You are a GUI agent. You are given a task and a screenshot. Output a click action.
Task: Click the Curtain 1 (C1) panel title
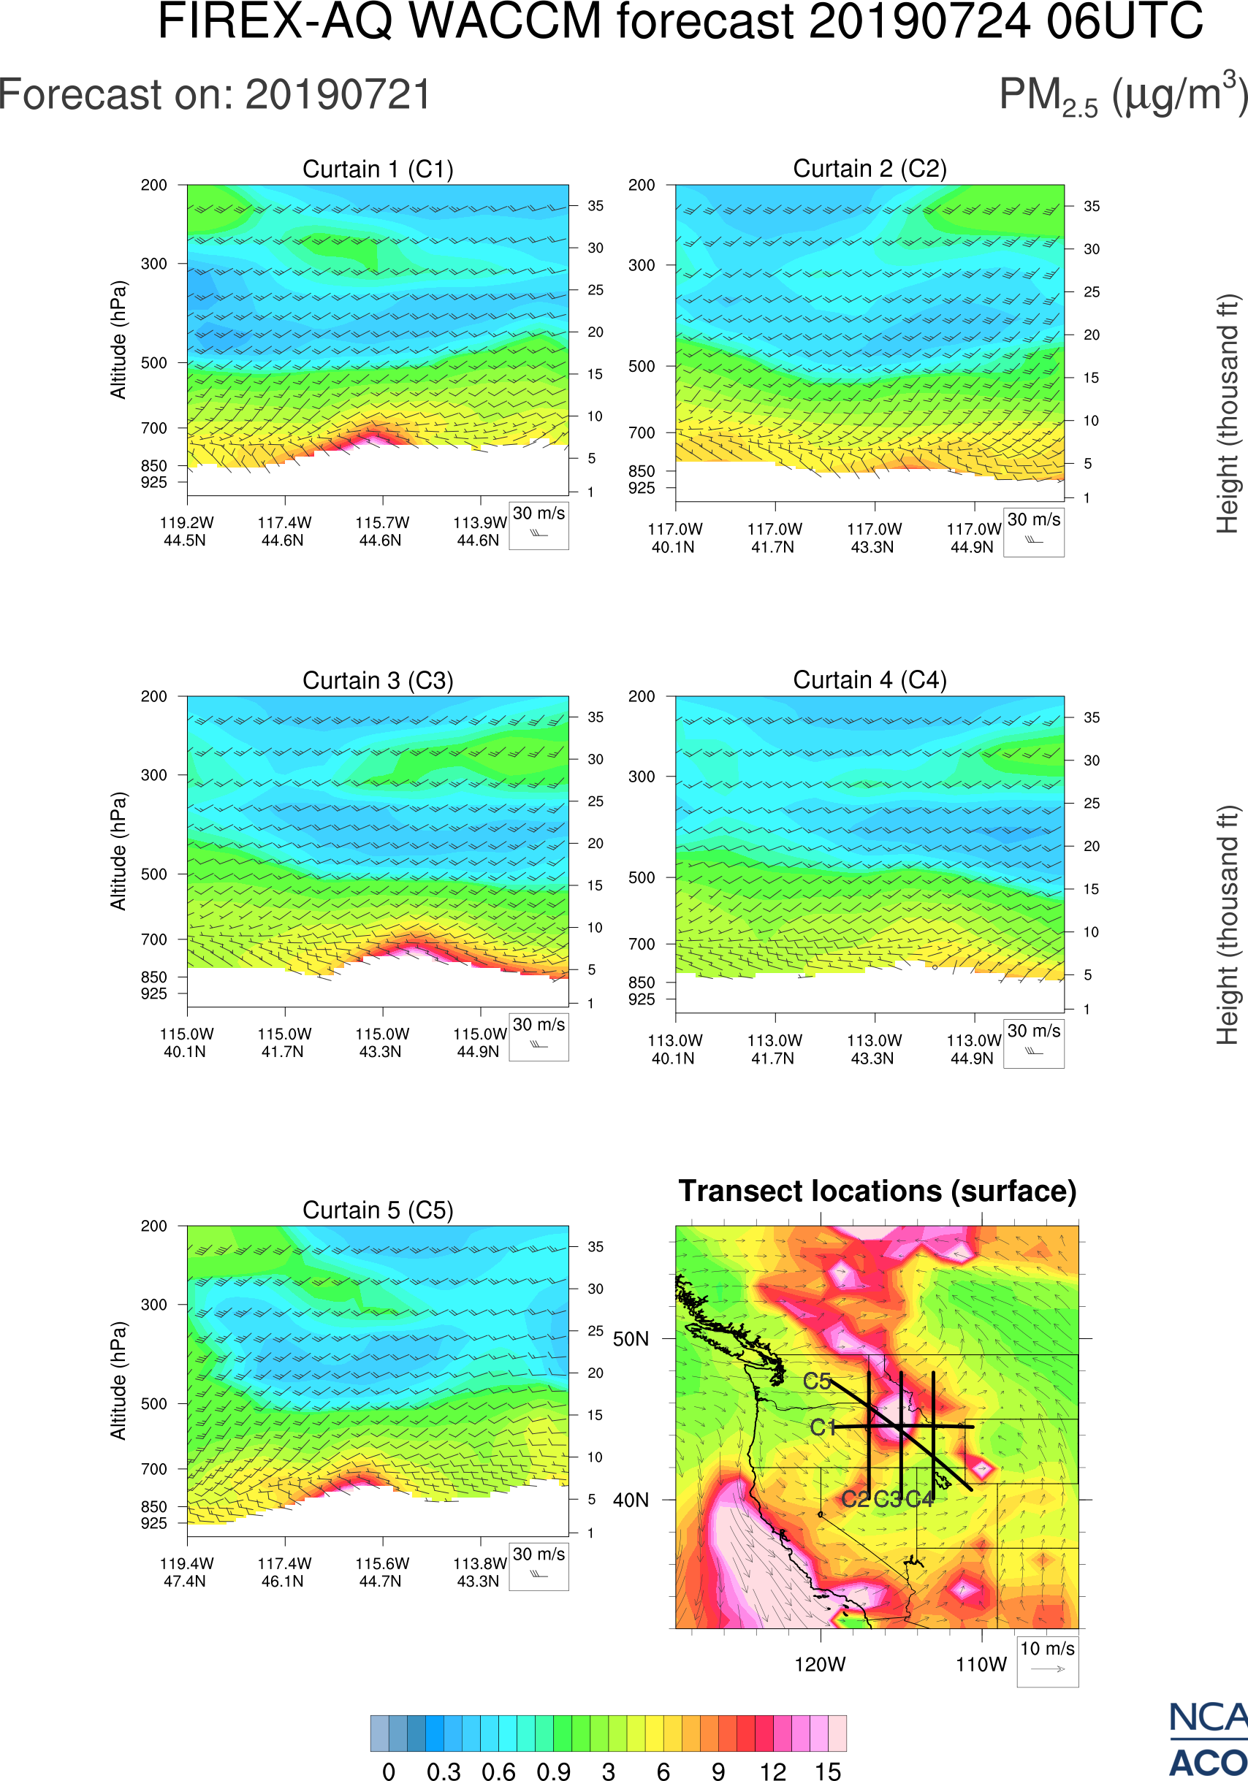click(378, 168)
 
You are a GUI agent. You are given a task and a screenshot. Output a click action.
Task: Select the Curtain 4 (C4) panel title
click(870, 679)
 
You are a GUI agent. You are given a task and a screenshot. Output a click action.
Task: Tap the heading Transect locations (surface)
click(878, 1191)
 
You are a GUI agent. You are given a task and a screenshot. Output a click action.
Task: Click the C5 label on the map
click(817, 1381)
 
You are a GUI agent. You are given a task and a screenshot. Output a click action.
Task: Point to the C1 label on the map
click(822, 1427)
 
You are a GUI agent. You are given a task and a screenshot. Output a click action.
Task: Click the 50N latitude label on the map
click(631, 1339)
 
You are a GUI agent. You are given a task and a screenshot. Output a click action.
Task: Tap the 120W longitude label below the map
click(820, 1665)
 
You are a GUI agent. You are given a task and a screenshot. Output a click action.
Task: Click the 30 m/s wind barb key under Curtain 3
click(539, 1036)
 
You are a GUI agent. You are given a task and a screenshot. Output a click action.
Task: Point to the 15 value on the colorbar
click(828, 1770)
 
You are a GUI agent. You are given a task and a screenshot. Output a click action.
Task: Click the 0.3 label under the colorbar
click(444, 1770)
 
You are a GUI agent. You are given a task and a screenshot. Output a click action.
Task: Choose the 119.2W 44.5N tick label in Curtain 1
click(186, 531)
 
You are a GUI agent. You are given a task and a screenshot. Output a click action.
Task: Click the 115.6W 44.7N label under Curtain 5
click(381, 1572)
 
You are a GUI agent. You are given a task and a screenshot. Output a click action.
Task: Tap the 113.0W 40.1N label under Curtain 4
click(674, 1049)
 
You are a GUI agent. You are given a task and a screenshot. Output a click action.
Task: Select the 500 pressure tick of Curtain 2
click(642, 366)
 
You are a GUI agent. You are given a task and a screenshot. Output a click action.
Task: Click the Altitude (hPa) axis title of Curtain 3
click(118, 851)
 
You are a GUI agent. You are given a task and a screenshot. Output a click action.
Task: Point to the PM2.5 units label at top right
click(1122, 96)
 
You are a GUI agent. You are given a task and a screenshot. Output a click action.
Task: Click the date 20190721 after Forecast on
click(338, 96)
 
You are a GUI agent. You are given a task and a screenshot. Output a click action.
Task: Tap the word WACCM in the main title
click(505, 21)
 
